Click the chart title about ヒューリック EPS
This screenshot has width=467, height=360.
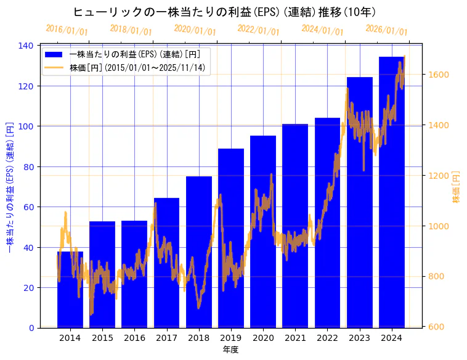[224, 12]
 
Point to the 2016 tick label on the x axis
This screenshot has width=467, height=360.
[134, 338]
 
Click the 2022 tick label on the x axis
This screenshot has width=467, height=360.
[327, 338]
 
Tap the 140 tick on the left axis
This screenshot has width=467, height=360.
[27, 46]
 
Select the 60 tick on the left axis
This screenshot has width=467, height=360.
[29, 207]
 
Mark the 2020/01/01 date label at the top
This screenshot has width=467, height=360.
[195, 30]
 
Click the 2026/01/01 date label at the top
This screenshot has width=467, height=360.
[386, 30]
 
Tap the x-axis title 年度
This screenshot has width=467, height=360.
[230, 350]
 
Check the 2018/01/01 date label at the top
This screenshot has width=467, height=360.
[131, 30]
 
